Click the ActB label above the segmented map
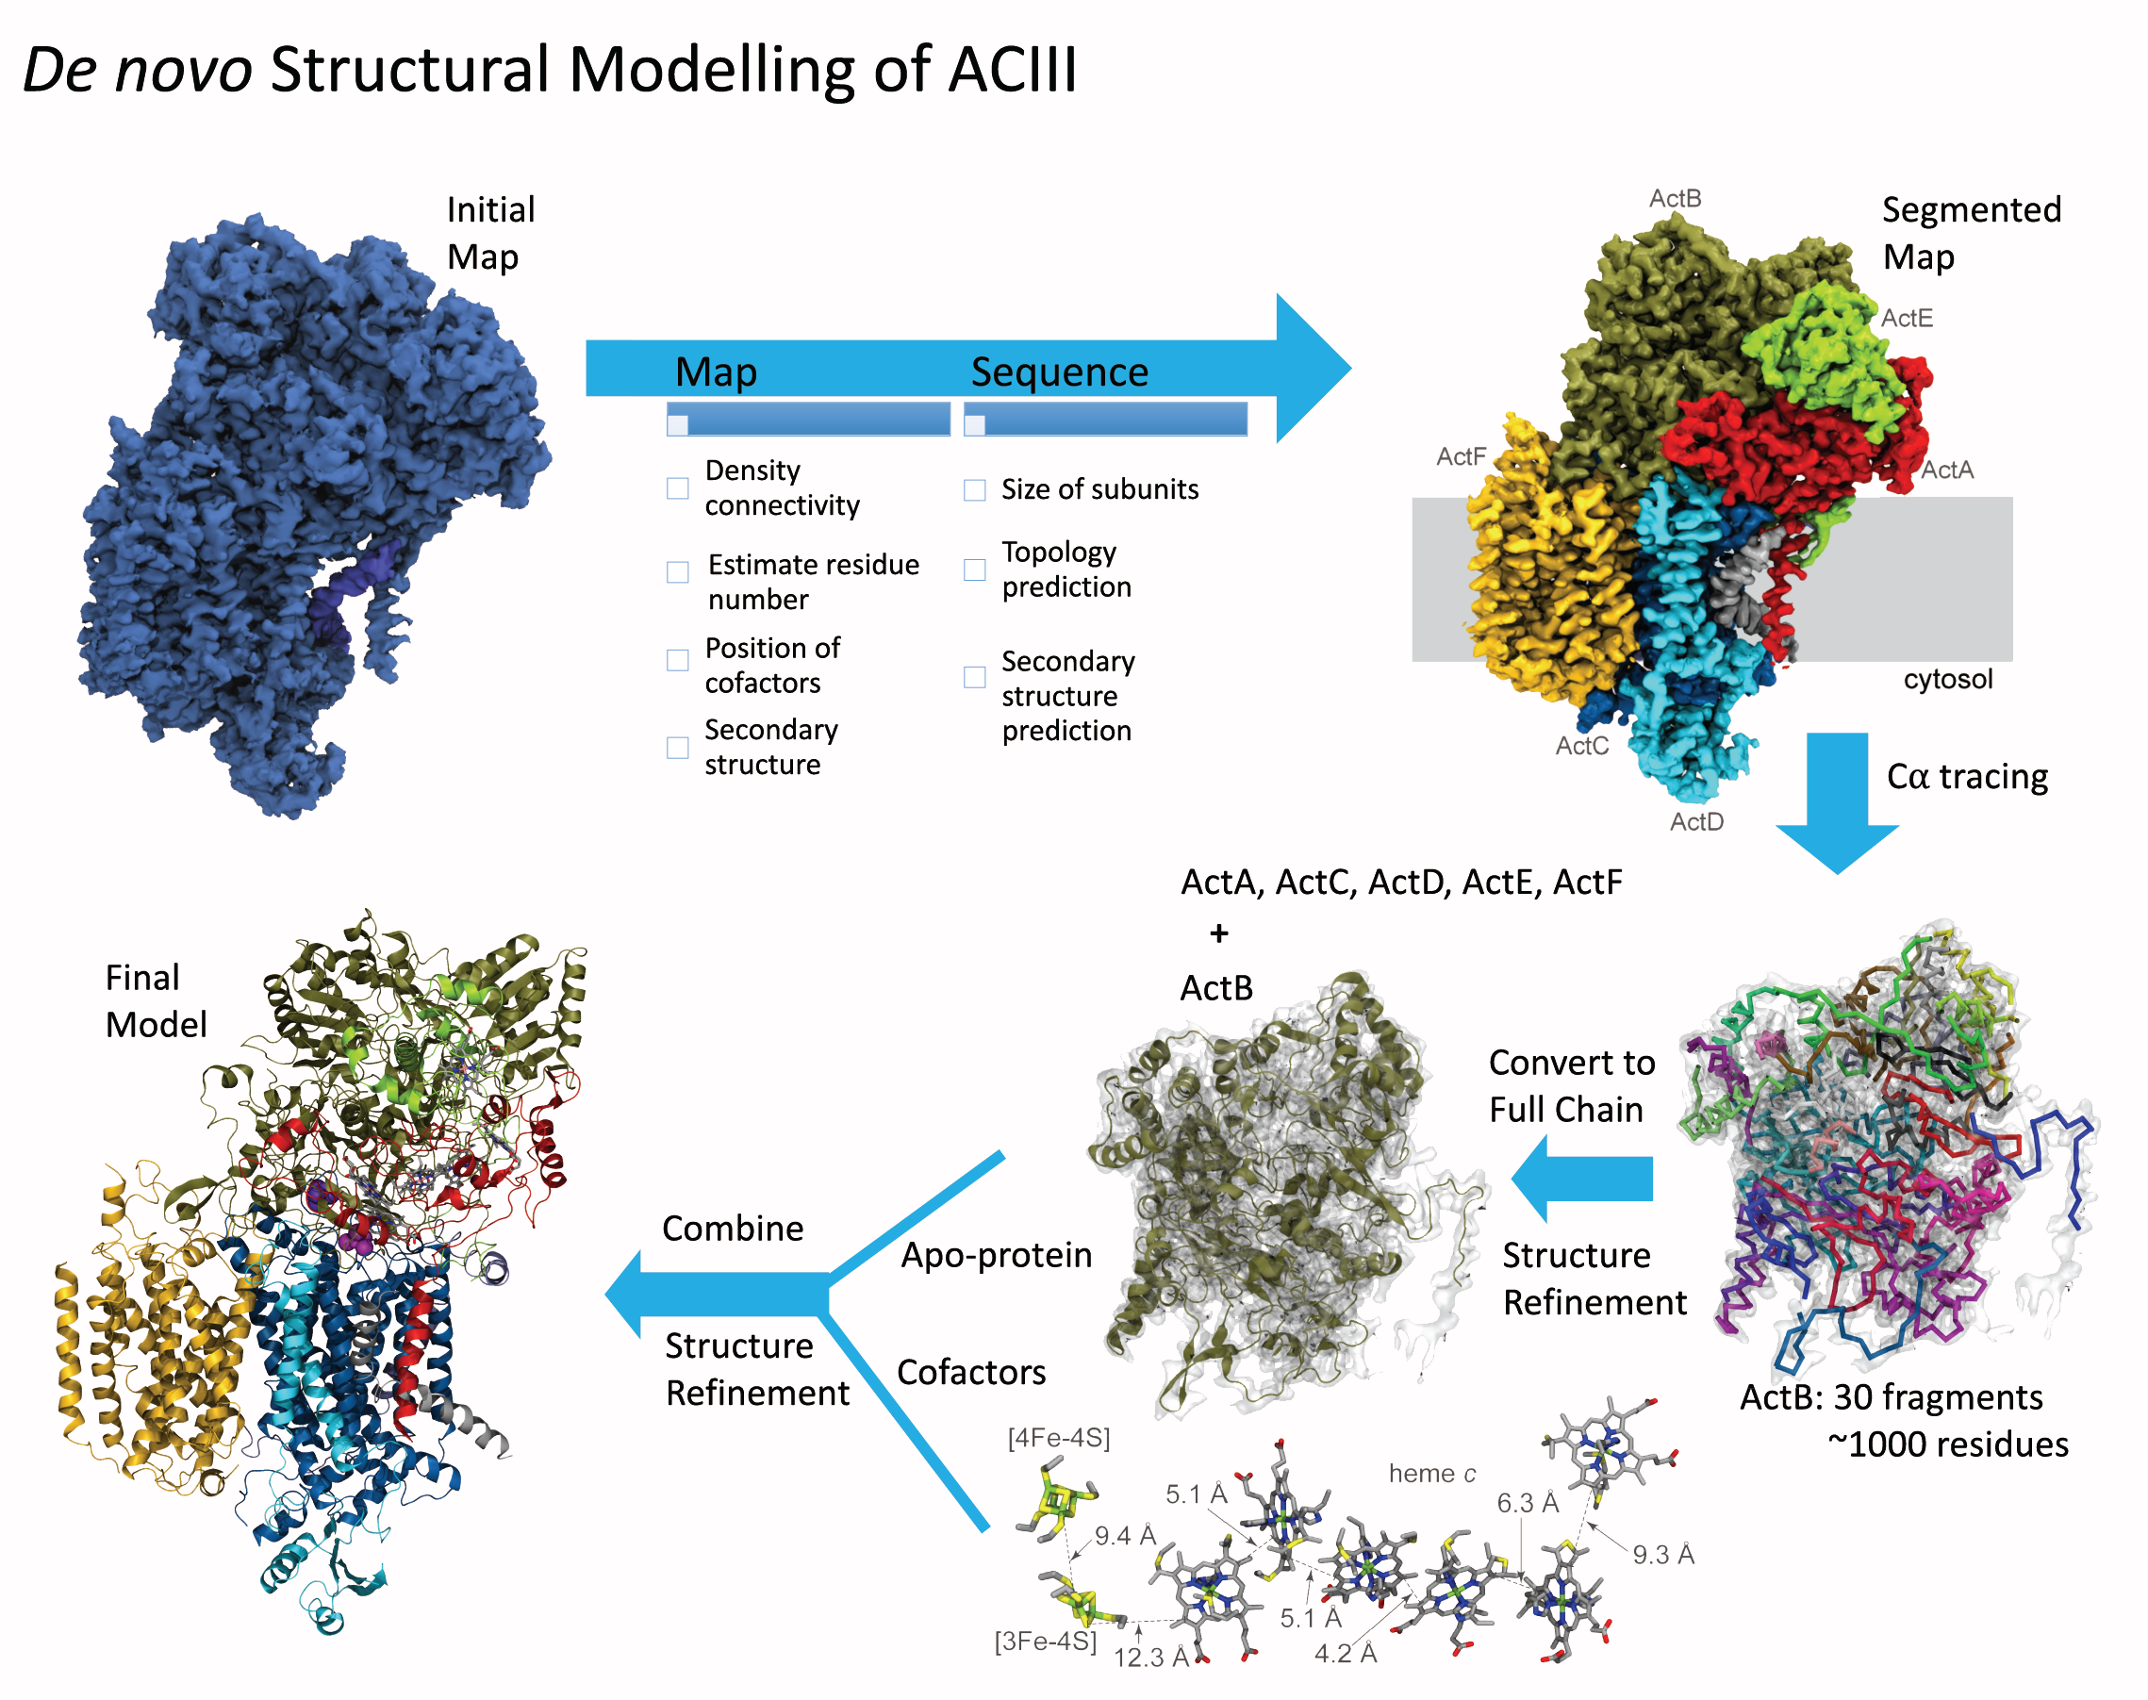coord(1675,198)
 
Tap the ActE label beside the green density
coord(1906,318)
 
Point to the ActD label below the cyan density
coord(1696,821)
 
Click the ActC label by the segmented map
coord(1581,746)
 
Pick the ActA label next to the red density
coord(1946,470)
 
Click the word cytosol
coord(1947,679)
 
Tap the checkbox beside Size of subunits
coord(974,489)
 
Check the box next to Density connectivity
coord(678,487)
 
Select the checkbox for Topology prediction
coord(974,569)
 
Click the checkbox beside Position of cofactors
coord(678,660)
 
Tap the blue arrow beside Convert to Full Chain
coord(1582,1179)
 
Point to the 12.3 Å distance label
coord(1150,1658)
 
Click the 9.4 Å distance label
coord(1125,1536)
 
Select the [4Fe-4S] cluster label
coord(1058,1438)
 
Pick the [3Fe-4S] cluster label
coord(1045,1642)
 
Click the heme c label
coord(1431,1473)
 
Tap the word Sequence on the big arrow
coord(1059,371)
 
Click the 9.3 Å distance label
coord(1662,1554)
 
